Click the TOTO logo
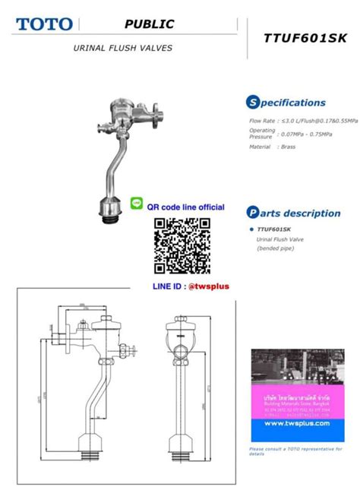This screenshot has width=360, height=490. pyautogui.click(x=44, y=24)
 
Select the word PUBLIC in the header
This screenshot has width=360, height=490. pyautogui.click(x=150, y=24)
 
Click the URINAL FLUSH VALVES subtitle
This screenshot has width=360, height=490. pyautogui.click(x=122, y=48)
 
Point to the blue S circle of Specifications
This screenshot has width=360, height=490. pyautogui.click(x=253, y=103)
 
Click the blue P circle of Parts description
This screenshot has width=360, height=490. pyautogui.click(x=253, y=213)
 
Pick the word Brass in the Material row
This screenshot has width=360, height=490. pyautogui.click(x=288, y=147)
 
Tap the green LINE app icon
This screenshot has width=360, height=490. pyautogui.click(x=137, y=203)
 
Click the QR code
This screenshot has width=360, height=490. pyautogui.click(x=182, y=245)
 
